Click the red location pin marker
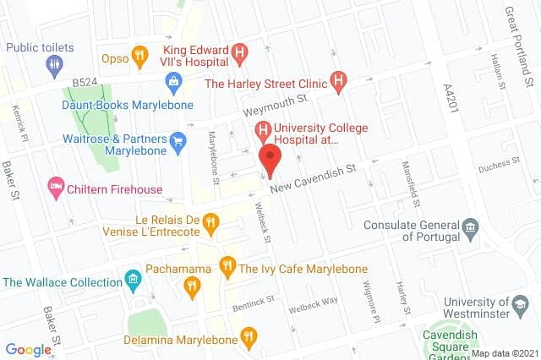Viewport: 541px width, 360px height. click(x=270, y=158)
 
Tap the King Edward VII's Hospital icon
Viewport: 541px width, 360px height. click(x=241, y=55)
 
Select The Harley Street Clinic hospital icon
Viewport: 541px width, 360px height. click(x=339, y=82)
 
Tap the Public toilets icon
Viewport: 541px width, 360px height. click(x=55, y=63)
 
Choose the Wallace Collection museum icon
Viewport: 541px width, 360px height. click(x=132, y=279)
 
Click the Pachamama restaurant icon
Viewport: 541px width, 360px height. click(x=193, y=288)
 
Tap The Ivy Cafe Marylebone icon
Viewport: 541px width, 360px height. click(x=227, y=267)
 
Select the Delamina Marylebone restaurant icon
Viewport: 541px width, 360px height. click(x=248, y=338)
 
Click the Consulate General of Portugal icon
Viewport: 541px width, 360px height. click(x=471, y=226)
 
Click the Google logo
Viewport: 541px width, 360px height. click(x=29, y=349)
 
